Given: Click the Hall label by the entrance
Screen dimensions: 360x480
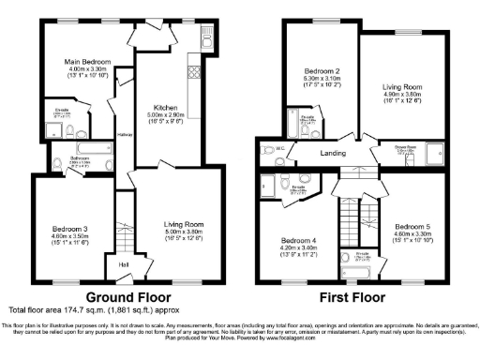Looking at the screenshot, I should pyautogui.click(x=125, y=263).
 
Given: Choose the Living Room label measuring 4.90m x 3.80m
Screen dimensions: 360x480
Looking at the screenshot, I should pyautogui.click(x=403, y=87).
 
